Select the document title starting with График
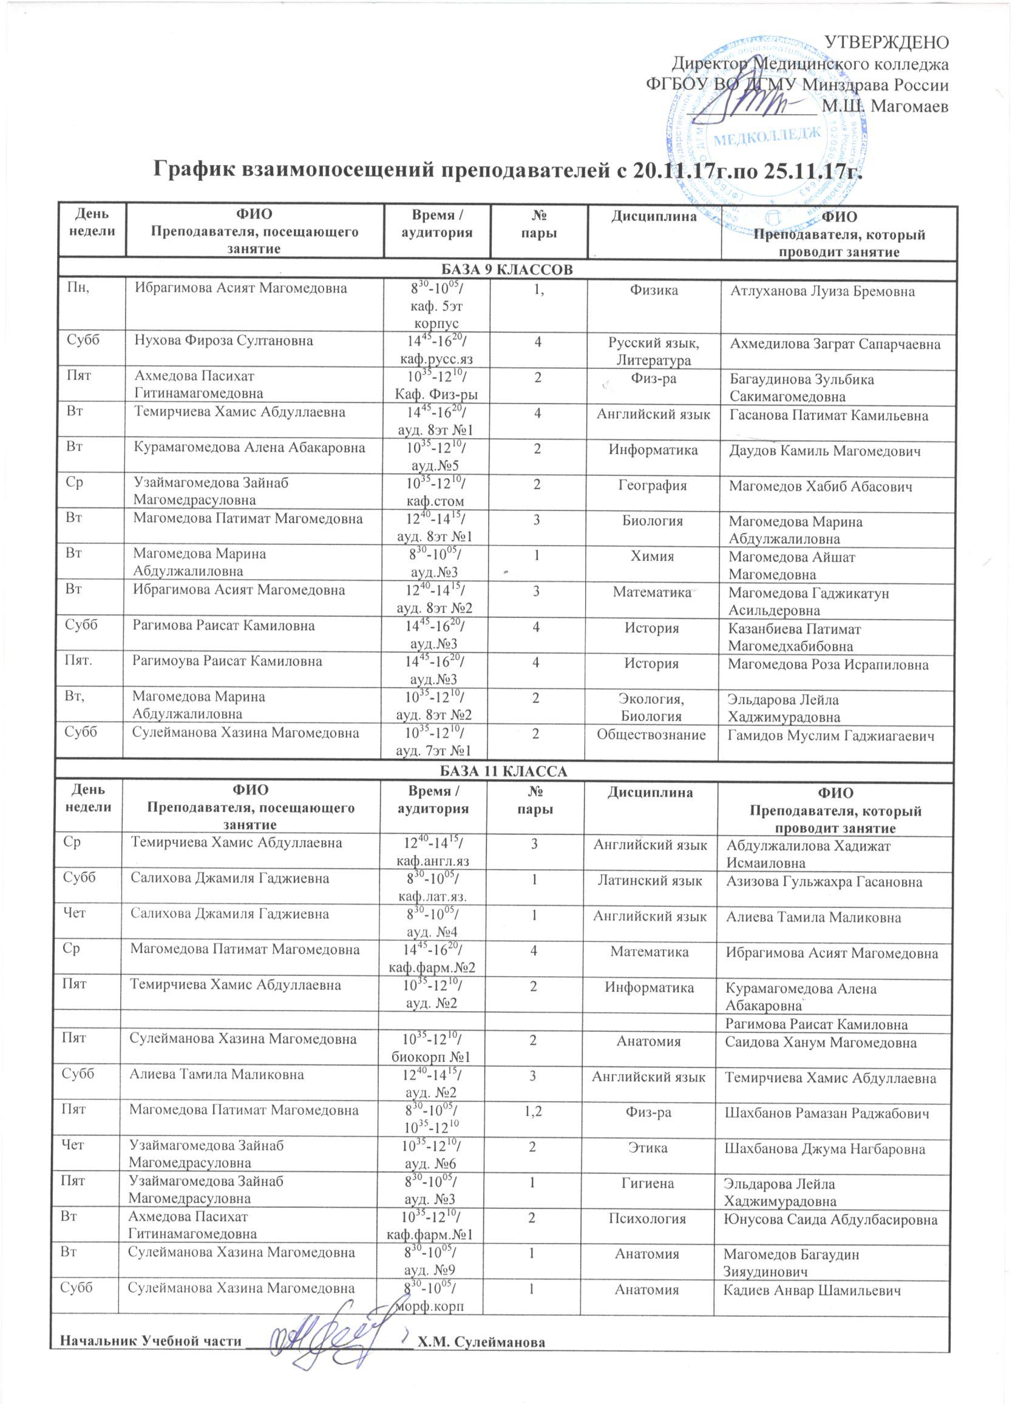point(508,170)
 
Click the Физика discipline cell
point(654,291)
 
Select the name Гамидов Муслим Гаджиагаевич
point(830,736)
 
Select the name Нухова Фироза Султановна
point(224,341)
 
